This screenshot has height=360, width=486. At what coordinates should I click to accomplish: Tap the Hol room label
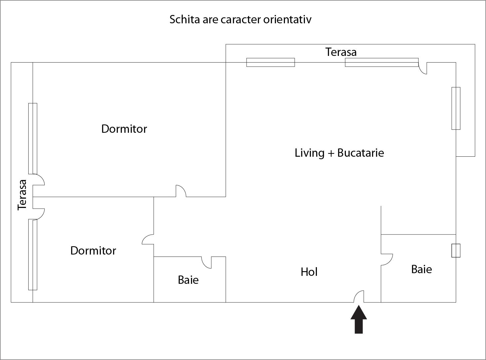tap(309, 272)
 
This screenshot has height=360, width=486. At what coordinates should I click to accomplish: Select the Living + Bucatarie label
tap(339, 153)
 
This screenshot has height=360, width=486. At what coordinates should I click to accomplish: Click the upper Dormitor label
tap(124, 129)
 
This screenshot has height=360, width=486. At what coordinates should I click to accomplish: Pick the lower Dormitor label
tap(93, 251)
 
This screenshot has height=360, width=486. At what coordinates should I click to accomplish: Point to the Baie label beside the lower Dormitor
tap(188, 280)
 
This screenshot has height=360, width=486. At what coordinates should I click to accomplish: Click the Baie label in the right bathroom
tap(421, 269)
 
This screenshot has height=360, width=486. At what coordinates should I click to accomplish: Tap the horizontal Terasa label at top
tap(341, 52)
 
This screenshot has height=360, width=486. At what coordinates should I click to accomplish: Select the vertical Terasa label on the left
tap(22, 195)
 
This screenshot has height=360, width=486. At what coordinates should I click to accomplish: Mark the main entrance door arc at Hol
tap(359, 296)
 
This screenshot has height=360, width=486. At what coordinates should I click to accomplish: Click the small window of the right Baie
tap(456, 251)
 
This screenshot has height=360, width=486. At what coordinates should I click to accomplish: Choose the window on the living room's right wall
tap(456, 108)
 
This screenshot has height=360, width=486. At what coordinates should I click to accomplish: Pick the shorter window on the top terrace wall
tap(270, 62)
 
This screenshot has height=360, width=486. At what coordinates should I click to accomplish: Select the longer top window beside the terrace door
tap(381, 62)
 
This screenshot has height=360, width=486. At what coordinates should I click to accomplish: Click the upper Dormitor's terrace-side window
tap(33, 138)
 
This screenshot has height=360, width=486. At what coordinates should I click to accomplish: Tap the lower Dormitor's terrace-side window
tap(33, 255)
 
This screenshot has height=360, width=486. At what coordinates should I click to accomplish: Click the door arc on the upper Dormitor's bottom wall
tap(181, 191)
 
